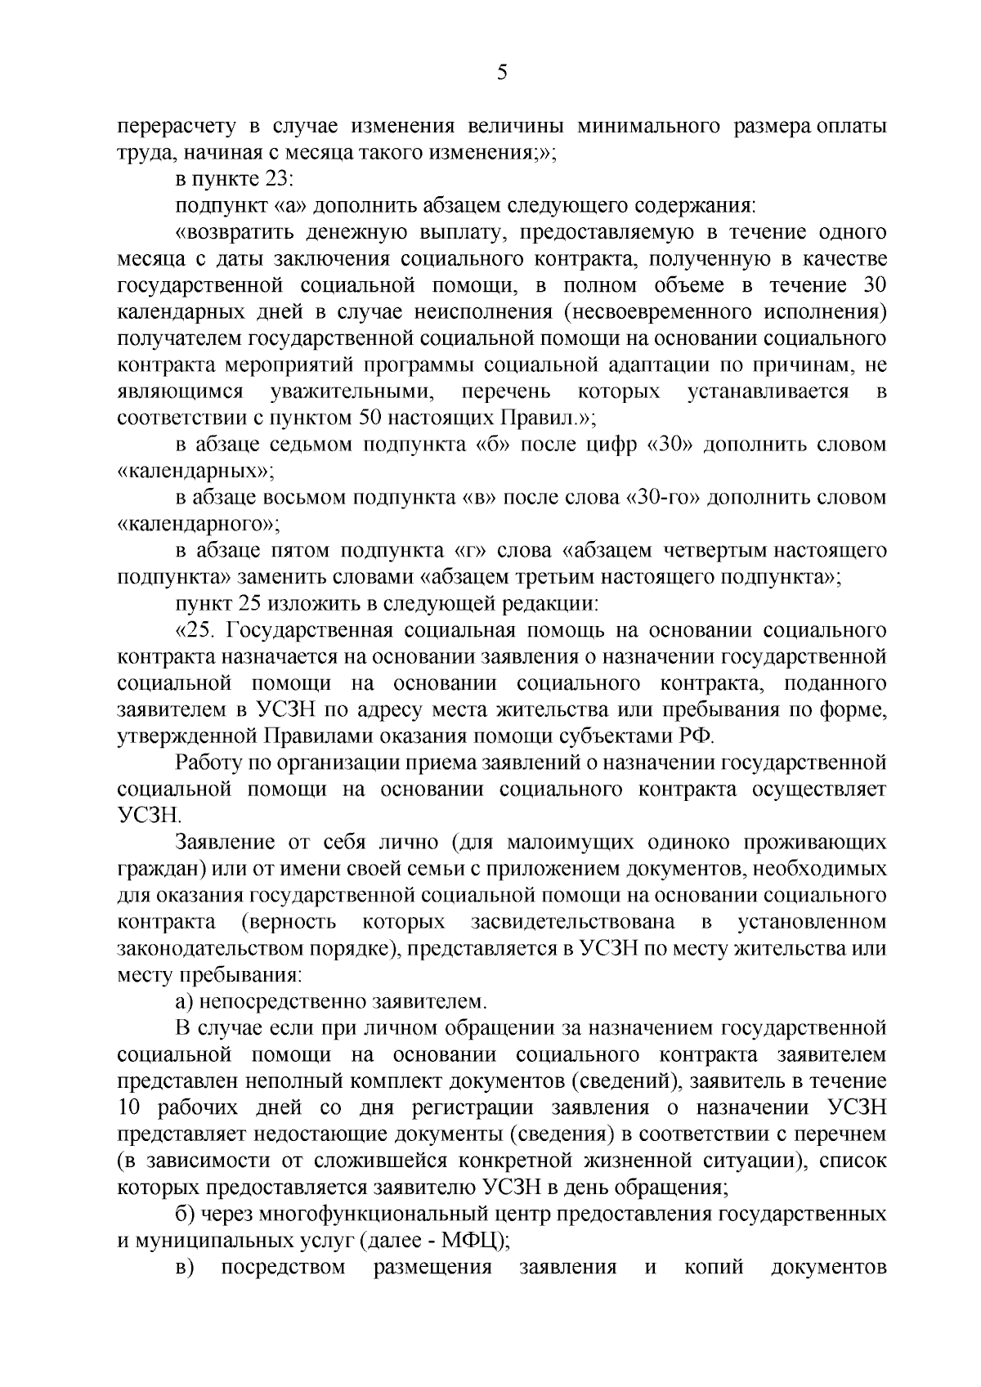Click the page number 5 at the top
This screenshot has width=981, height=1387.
click(502, 73)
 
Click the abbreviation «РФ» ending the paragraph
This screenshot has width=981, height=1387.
click(697, 736)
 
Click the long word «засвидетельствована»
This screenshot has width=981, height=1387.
click(572, 922)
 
